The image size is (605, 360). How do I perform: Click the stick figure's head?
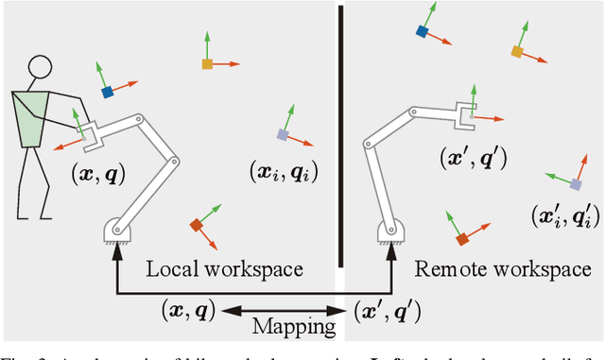tap(39, 68)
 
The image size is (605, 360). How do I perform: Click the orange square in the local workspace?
tap(207, 64)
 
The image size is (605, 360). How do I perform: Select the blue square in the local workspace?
tap(108, 92)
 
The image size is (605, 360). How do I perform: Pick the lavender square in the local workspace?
tap(282, 135)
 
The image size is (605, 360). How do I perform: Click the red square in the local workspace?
tap(196, 225)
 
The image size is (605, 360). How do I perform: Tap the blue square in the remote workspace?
tap(422, 31)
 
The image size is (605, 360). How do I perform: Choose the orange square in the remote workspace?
tap(517, 51)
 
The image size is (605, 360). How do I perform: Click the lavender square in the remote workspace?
tap(575, 183)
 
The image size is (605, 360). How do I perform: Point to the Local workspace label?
tap(224, 269)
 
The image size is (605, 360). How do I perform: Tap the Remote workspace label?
tap(502, 269)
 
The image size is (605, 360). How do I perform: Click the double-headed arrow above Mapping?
tap(283, 308)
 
